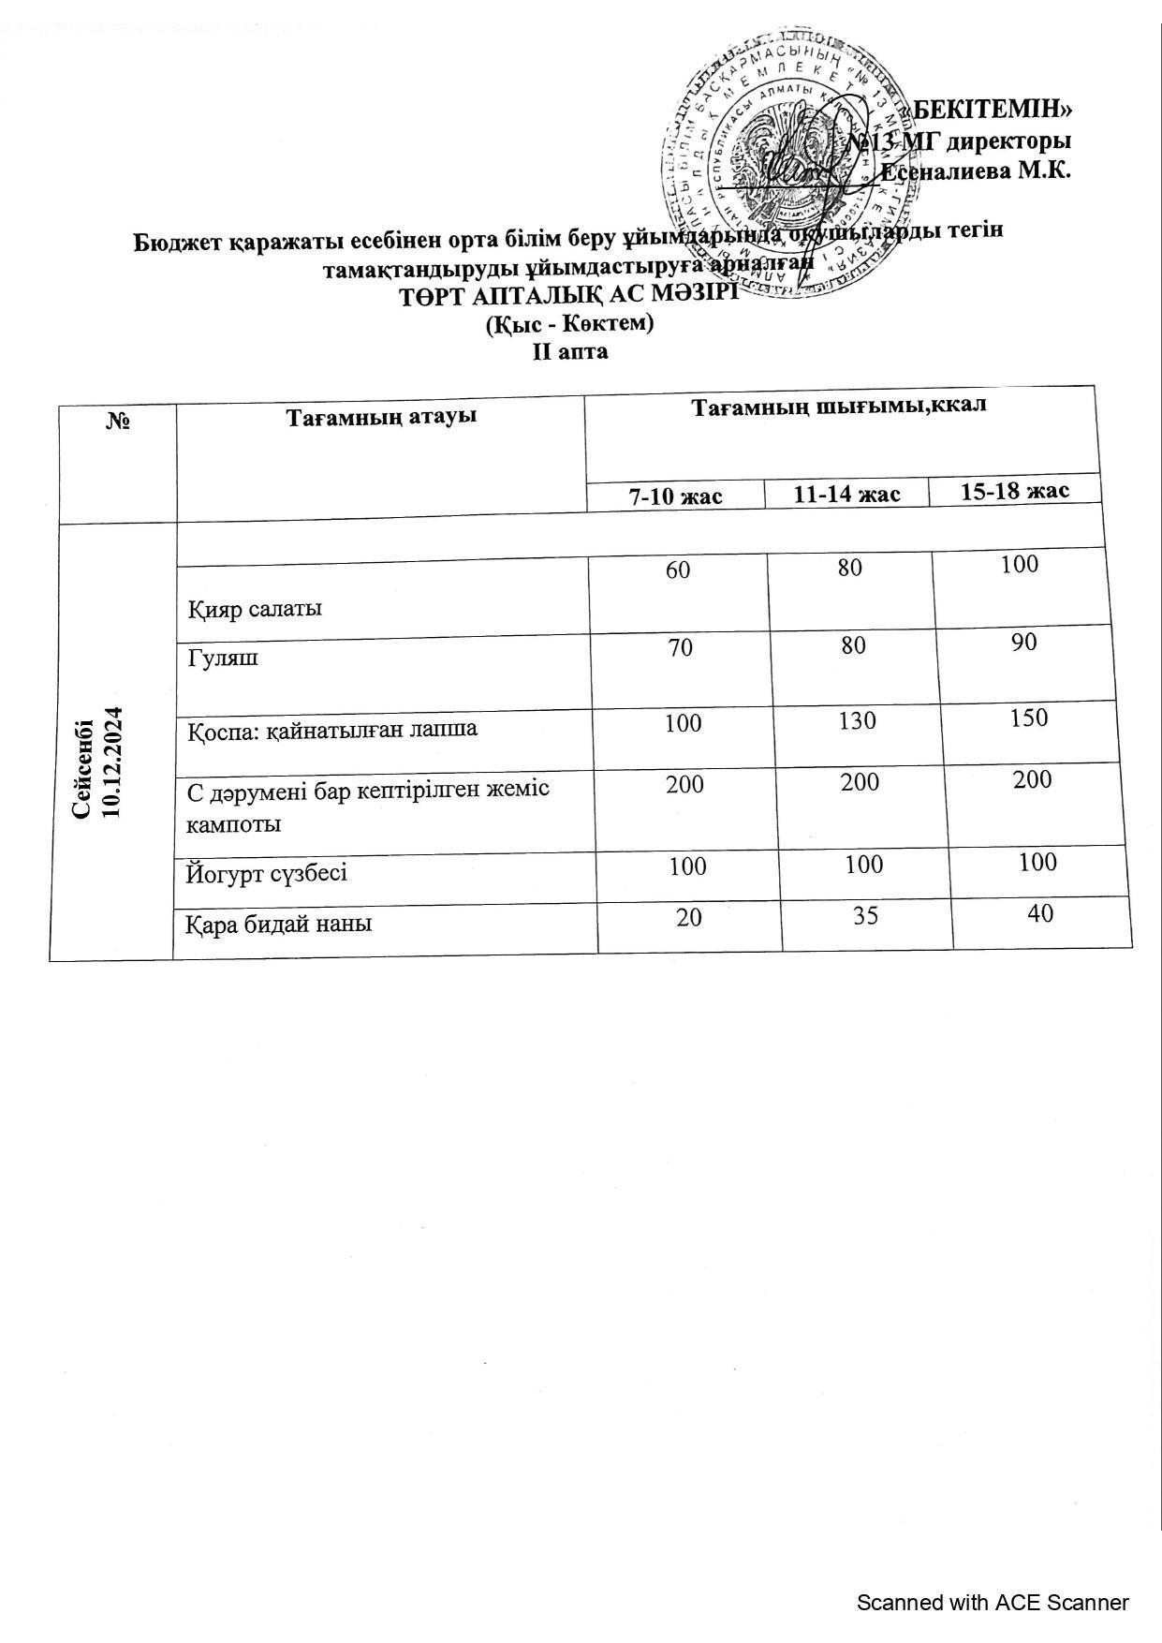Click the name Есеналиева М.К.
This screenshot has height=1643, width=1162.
pos(976,171)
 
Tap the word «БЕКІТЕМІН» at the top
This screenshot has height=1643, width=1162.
pos(991,110)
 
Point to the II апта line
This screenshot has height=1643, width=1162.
pos(570,352)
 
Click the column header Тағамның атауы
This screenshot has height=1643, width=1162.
pos(381,415)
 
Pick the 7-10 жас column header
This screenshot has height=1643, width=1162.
pos(675,496)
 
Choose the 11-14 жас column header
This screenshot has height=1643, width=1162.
pos(847,494)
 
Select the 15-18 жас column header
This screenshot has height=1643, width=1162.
pos(1015,491)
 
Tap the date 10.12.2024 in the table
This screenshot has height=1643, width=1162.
pos(114,762)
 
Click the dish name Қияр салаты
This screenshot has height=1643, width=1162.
pos(255,609)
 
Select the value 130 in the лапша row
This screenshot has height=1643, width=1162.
pos(858,720)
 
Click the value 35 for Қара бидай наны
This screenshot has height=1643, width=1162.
pos(866,915)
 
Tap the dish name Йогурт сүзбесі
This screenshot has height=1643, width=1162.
pos(267,874)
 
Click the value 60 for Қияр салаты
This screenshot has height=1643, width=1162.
pos(678,569)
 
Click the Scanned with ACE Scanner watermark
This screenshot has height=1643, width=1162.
pos(993,1603)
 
